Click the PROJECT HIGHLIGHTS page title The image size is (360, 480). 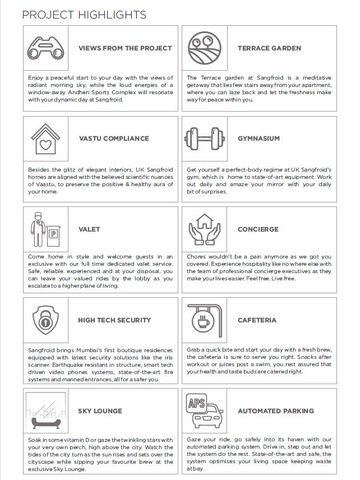(84, 15)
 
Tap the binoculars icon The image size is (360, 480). (46, 48)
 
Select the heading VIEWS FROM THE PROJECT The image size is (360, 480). (124, 48)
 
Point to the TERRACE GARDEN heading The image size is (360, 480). (269, 48)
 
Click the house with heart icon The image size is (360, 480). (46, 139)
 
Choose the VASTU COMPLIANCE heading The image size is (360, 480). (114, 139)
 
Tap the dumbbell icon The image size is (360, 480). (204, 138)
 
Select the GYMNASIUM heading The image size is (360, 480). (258, 139)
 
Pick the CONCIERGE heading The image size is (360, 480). (257, 229)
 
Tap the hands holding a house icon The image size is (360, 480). (204, 229)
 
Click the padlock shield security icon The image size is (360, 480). (46, 320)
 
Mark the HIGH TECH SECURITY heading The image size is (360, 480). (114, 320)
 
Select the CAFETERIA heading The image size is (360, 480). (257, 320)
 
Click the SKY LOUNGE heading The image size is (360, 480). (100, 411)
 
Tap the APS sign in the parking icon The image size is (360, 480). (197, 404)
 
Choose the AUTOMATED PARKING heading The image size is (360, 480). (275, 411)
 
